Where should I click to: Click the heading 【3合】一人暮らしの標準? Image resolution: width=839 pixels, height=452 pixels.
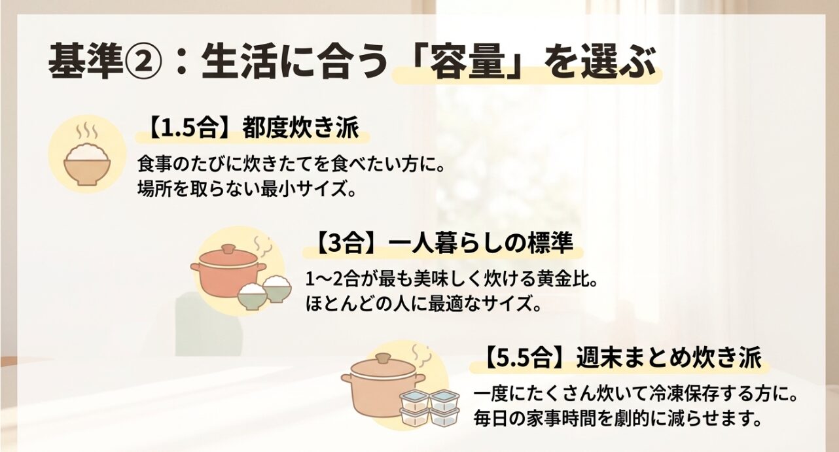438,244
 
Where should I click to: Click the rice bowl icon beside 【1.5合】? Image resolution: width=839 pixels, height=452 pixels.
87,164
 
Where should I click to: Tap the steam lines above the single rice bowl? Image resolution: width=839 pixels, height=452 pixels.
86,131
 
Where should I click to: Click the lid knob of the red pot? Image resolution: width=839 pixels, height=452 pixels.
228,249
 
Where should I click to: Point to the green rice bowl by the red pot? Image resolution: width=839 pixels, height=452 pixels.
252,298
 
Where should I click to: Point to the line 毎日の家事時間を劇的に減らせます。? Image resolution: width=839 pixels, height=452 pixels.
618,419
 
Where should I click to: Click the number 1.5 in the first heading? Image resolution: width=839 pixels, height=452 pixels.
177,130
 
